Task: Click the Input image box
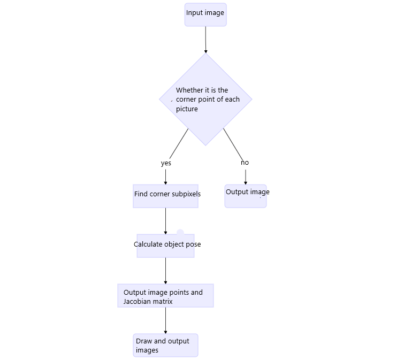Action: [205, 14]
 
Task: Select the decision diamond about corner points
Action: [205, 99]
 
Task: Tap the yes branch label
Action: [166, 163]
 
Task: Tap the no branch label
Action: [245, 163]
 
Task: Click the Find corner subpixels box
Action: [166, 196]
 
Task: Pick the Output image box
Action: [246, 196]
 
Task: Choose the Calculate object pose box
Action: [166, 246]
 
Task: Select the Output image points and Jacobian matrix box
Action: [166, 296]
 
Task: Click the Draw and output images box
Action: [166, 346]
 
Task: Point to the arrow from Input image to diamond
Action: [205, 40]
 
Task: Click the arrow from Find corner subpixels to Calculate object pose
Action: [166, 221]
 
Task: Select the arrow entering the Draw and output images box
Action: [166, 320]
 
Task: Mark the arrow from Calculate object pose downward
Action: [166, 271]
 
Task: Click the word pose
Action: [193, 244]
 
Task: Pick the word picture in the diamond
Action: [187, 109]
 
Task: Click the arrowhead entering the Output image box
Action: [246, 183]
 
